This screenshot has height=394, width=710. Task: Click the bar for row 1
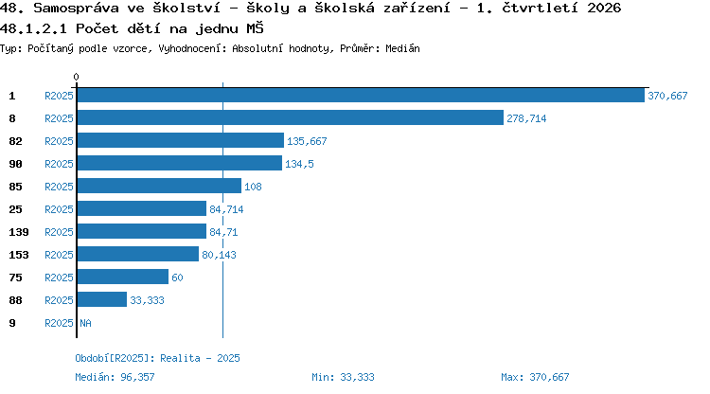[361, 96]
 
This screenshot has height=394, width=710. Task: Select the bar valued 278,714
[291, 117]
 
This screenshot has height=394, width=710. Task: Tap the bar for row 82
[181, 140]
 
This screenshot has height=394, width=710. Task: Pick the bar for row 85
[159, 187]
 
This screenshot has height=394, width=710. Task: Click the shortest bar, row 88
[102, 299]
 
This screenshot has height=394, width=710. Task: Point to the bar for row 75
[123, 277]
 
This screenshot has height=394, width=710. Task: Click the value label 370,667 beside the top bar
[667, 96]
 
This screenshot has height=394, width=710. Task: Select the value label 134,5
[299, 164]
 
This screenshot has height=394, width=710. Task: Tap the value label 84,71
[223, 232]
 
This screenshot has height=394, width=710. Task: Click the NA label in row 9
[85, 323]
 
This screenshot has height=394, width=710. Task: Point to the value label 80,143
[219, 255]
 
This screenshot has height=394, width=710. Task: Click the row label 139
[19, 232]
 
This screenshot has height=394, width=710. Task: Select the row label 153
[19, 255]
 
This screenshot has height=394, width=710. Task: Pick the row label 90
[15, 164]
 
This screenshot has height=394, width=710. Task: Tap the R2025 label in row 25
[59, 209]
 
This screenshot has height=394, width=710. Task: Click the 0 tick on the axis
[76, 77]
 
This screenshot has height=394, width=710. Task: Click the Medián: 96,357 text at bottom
[115, 377]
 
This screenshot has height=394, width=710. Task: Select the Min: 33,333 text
[343, 377]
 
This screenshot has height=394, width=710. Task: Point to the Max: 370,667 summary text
[535, 377]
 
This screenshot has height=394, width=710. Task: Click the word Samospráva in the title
[76, 9]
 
